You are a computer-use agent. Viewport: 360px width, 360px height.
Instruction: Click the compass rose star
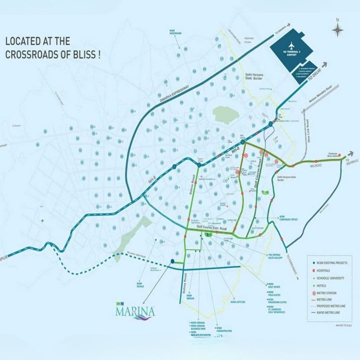[337, 30]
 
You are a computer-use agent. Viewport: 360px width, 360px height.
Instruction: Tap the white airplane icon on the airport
[292, 45]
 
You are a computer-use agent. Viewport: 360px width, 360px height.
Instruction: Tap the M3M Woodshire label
[175, 32]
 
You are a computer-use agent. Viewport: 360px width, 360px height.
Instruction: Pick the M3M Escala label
[140, 285]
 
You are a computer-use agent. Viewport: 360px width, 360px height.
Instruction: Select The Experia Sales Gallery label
[275, 256]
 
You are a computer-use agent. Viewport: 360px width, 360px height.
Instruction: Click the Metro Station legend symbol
[314, 293]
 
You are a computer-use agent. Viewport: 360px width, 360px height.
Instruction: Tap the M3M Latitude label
[238, 302]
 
